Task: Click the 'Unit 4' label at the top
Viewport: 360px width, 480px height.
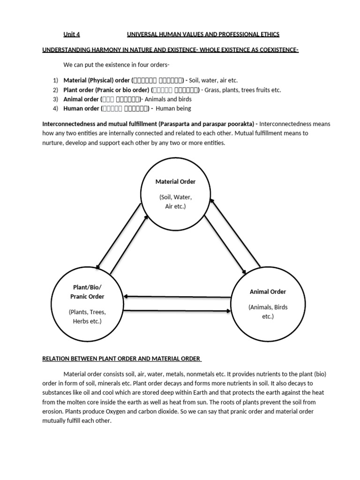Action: (x=72, y=34)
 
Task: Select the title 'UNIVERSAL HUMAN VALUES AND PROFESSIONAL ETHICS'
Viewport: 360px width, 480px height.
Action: (x=203, y=34)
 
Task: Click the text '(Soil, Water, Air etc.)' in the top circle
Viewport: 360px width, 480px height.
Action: (x=175, y=202)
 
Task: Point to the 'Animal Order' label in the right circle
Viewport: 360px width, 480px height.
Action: (x=268, y=292)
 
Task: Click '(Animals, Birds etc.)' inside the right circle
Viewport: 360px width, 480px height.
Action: (x=268, y=312)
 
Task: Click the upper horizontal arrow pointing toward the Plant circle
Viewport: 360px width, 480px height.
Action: (x=179, y=296)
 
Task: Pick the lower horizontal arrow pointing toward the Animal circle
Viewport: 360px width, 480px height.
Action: (x=179, y=310)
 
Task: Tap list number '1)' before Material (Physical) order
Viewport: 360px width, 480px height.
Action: (x=55, y=80)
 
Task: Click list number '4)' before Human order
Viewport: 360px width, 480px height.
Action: (x=55, y=108)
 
